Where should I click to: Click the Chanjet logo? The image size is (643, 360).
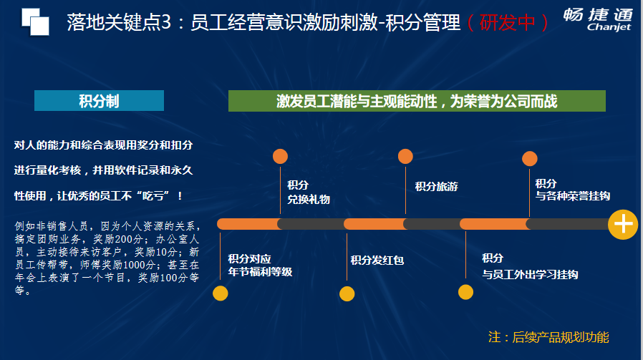click(x=598, y=19)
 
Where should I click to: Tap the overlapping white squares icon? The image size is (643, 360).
click(x=35, y=21)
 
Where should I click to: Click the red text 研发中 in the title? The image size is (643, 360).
click(x=507, y=23)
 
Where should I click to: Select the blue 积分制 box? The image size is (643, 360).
click(x=100, y=100)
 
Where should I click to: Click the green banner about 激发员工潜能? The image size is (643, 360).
click(x=417, y=101)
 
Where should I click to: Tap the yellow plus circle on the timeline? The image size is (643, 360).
click(x=623, y=224)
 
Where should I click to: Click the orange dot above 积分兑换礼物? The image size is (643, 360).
click(x=280, y=156)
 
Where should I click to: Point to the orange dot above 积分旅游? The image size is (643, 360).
click(x=405, y=156)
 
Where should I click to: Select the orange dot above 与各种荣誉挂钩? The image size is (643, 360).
click(x=529, y=159)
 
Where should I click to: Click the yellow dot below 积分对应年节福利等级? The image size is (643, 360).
click(x=221, y=293)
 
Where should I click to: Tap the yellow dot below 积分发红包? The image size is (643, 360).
click(x=347, y=293)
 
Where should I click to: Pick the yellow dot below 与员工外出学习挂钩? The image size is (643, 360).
click(x=465, y=292)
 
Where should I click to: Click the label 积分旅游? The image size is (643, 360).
click(x=436, y=187)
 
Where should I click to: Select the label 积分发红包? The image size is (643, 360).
click(x=377, y=260)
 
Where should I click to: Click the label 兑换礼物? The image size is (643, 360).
click(x=309, y=200)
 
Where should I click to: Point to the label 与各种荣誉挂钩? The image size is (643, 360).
click(x=572, y=196)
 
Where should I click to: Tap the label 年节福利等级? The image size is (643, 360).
click(x=260, y=272)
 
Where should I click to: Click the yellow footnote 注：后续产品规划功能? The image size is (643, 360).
click(x=548, y=337)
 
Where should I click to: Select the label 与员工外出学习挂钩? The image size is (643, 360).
click(x=530, y=274)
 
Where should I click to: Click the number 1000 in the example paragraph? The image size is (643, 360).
click(x=133, y=265)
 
